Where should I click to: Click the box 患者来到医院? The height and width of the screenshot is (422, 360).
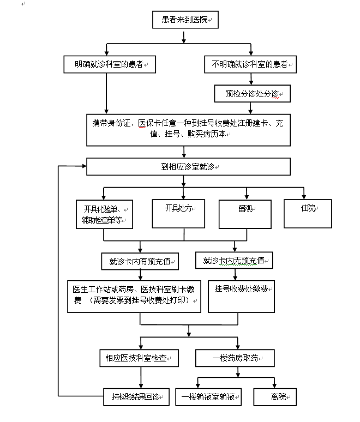tap(185, 20)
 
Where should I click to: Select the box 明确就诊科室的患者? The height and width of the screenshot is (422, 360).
tap(109, 64)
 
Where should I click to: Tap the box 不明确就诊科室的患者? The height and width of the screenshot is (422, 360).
tap(250, 64)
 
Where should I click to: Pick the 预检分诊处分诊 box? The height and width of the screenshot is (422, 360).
tap(251, 94)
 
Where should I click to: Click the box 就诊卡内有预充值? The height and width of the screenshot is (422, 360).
tap(140, 261)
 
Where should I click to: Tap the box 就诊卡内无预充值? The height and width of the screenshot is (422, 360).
tap(234, 261)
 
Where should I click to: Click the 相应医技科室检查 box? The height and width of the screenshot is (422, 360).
tap(139, 359)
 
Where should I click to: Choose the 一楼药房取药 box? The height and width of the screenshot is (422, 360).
tap(235, 358)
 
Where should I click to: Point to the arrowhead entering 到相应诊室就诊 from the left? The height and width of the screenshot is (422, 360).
tap(82, 165)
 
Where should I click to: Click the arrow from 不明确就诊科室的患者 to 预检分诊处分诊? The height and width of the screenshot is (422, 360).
tap(250, 80)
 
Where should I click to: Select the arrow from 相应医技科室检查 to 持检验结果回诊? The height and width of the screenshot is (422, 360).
tap(141, 377)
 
